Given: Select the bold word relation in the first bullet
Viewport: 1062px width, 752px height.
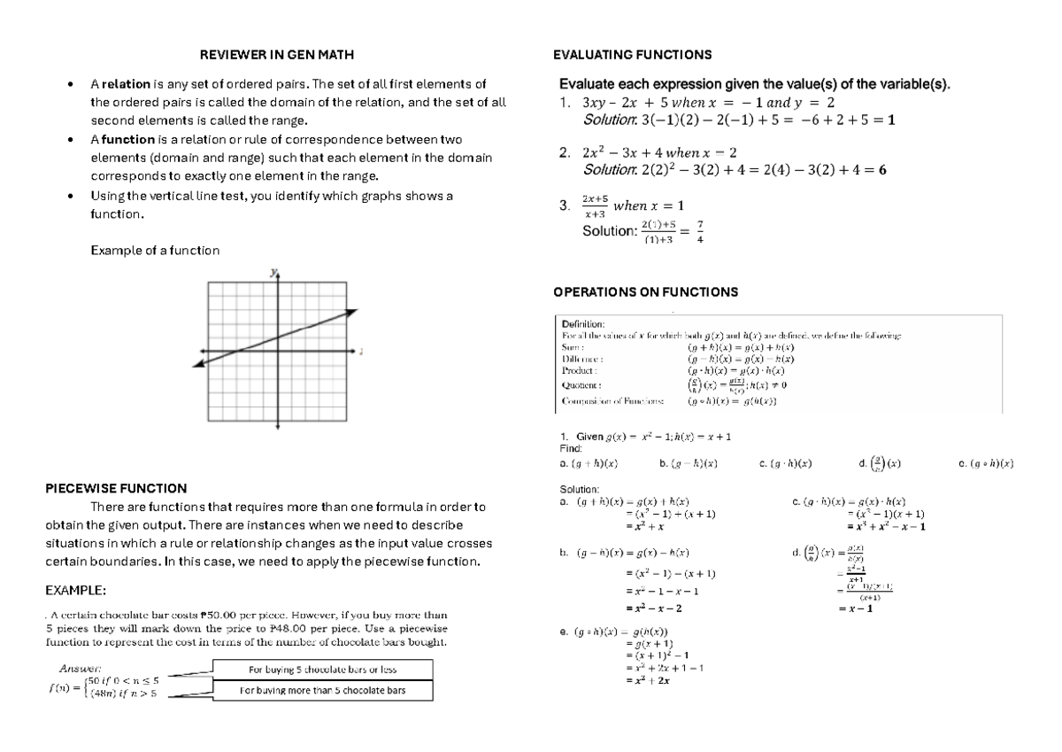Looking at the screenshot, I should (128, 85).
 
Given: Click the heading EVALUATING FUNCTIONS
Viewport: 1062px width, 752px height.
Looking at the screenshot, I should (632, 55).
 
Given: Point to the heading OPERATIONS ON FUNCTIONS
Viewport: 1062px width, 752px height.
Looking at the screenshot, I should (644, 292).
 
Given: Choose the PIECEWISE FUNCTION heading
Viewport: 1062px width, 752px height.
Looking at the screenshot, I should (116, 488).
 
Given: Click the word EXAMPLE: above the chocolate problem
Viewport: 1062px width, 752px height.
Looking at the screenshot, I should (76, 591).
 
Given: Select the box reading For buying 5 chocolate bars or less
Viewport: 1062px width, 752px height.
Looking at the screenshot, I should (322, 669).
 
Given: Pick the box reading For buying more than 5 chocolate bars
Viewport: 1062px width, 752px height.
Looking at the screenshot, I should (322, 690).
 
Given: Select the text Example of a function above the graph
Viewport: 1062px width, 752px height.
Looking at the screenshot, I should (155, 251).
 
